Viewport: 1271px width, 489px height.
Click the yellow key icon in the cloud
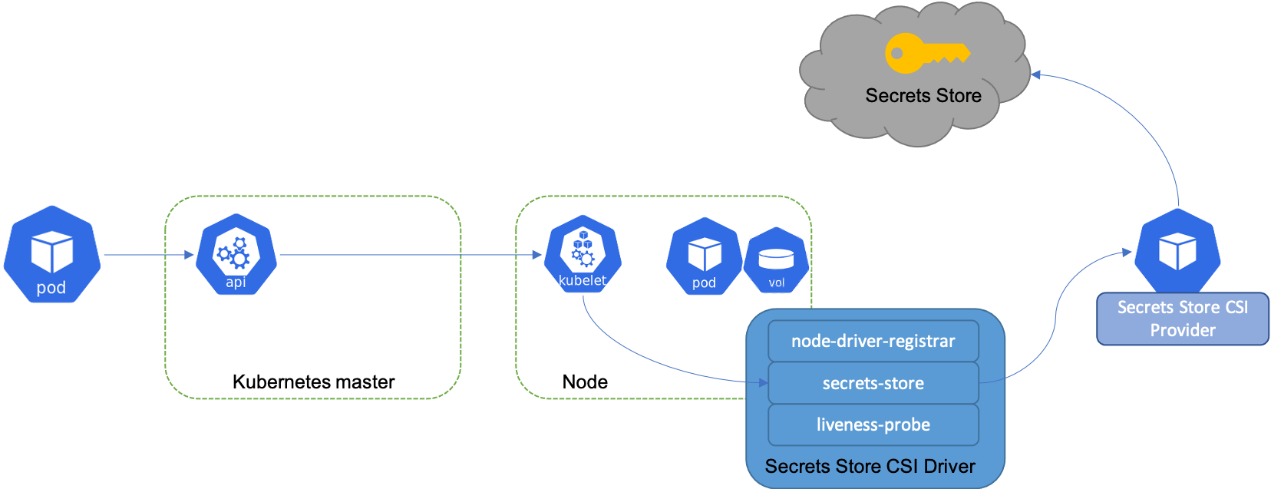tap(928, 53)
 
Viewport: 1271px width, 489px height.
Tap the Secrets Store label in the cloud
tap(923, 95)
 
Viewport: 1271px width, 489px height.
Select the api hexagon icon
tap(236, 254)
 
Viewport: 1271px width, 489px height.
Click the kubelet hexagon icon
tap(583, 253)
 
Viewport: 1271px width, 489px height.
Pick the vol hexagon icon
tap(777, 260)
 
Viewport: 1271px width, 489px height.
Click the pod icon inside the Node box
tap(704, 256)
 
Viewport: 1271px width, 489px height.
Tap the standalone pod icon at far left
tap(52, 254)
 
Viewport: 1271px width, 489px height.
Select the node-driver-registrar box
tap(873, 341)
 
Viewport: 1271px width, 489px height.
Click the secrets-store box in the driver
tap(873, 383)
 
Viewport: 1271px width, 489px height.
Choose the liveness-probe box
tap(873, 425)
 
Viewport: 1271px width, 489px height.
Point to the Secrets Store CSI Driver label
tap(870, 466)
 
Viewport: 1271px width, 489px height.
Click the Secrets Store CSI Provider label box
tap(1183, 319)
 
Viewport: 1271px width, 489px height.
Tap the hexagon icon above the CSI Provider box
tap(1178, 250)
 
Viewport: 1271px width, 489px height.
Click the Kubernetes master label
tap(313, 382)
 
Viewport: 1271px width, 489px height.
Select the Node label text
tap(585, 382)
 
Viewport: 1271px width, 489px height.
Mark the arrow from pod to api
tap(149, 255)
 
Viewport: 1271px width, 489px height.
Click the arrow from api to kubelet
tap(411, 255)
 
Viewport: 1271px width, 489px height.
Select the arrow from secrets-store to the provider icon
tap(1055, 318)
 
